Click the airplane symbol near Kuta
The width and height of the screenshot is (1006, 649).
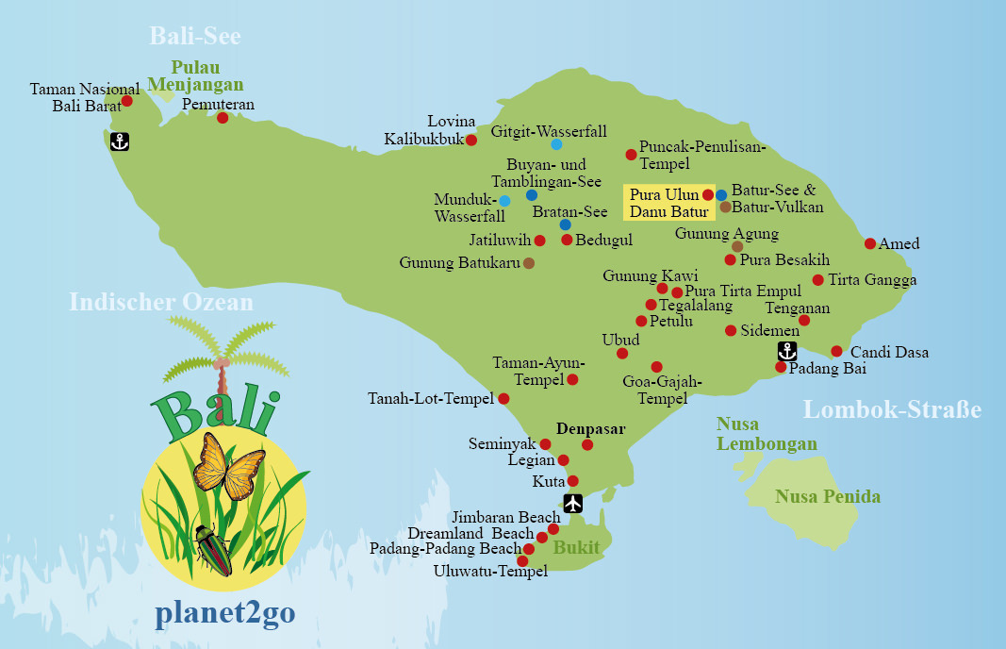[x=571, y=503]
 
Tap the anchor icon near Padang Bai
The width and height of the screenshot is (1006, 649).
[x=786, y=351]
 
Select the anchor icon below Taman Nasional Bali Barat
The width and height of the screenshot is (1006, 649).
[x=119, y=141]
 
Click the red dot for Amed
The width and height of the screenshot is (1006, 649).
[x=870, y=243]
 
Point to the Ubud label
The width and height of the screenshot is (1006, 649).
[x=620, y=340]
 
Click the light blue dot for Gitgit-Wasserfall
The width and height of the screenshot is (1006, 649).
[x=556, y=144]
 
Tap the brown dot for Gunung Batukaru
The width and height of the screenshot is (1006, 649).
[x=529, y=263]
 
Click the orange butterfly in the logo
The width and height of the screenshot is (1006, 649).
[x=228, y=465]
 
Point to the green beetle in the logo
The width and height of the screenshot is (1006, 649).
[x=214, y=550]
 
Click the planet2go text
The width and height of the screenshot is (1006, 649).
[x=224, y=613]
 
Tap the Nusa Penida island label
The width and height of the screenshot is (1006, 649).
[x=828, y=496]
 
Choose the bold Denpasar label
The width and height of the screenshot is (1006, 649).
[x=590, y=428]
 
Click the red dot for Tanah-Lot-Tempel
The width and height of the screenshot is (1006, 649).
[x=503, y=399]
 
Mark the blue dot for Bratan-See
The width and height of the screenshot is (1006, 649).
[x=565, y=225]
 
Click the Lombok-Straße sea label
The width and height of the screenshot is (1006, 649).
[x=892, y=409]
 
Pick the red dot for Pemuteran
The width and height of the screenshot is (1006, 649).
[x=223, y=118]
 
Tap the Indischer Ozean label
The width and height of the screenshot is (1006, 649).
[x=161, y=302]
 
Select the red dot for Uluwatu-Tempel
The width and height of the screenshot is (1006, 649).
[x=522, y=561]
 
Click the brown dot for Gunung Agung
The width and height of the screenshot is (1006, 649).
[x=737, y=246]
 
